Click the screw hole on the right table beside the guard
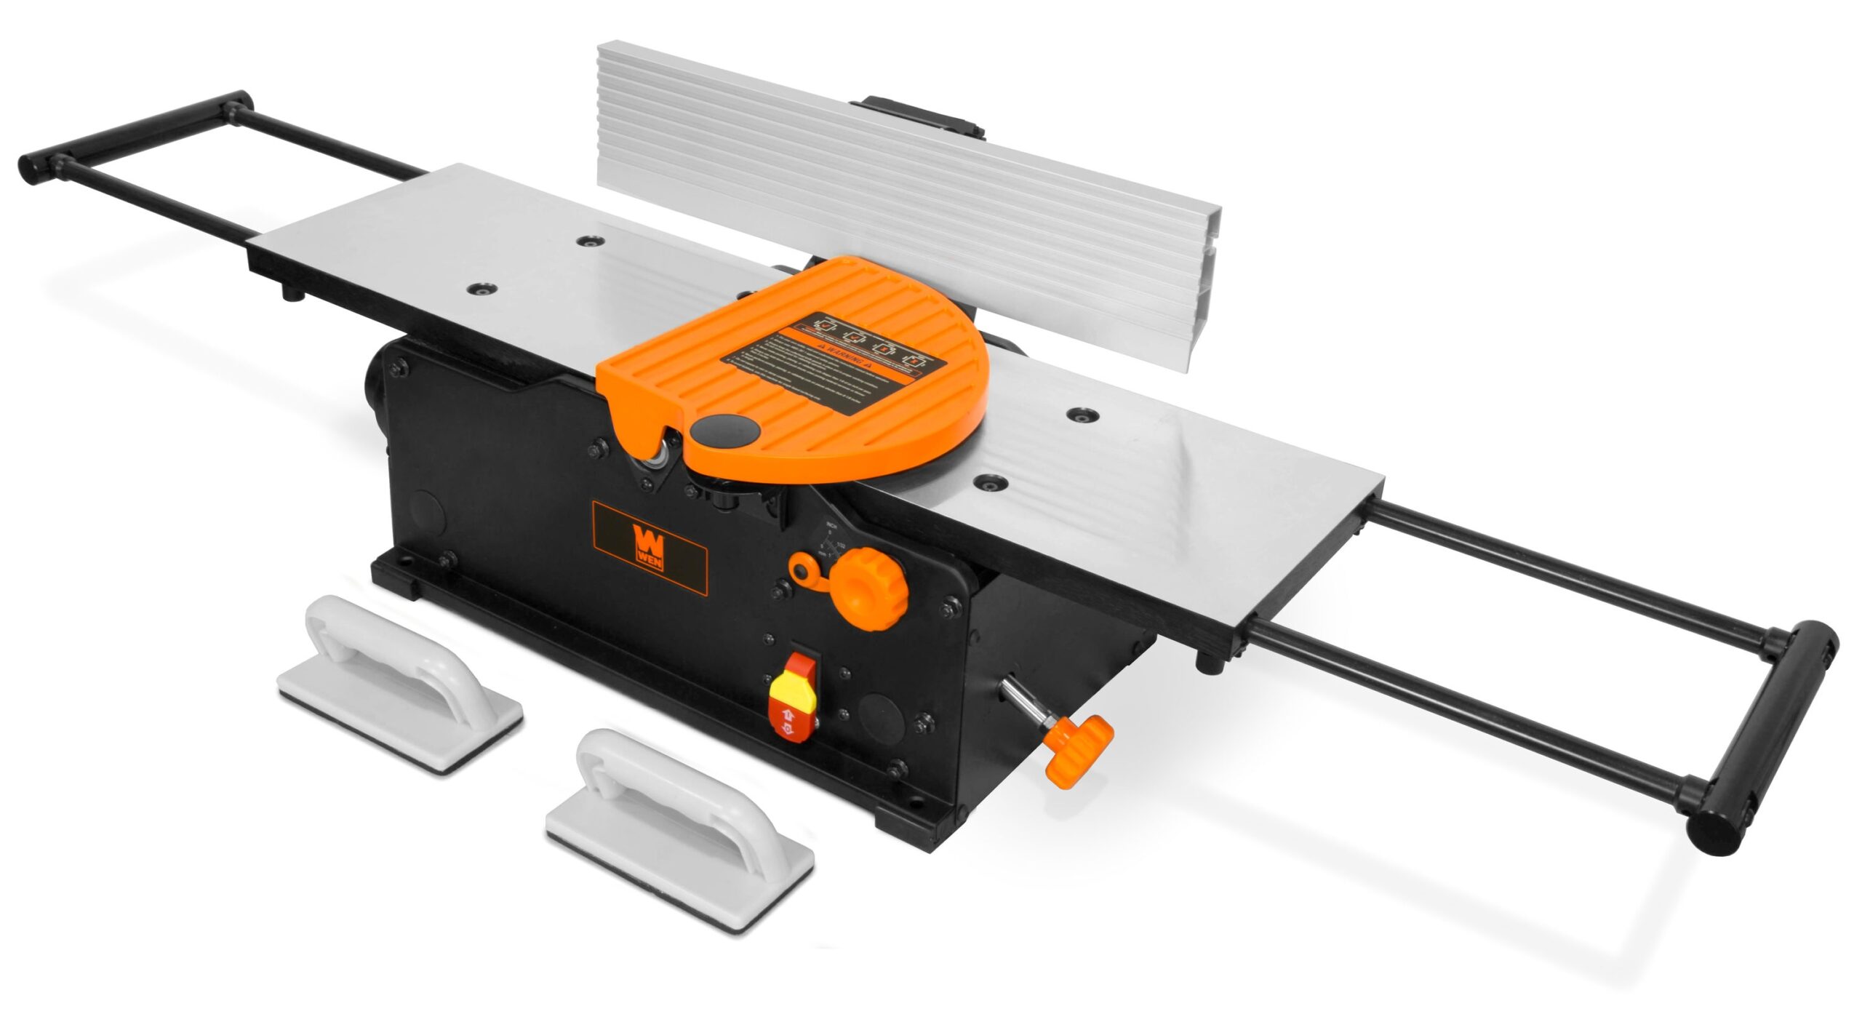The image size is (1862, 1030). click(x=990, y=481)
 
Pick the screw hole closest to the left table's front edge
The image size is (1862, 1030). click(x=480, y=290)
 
